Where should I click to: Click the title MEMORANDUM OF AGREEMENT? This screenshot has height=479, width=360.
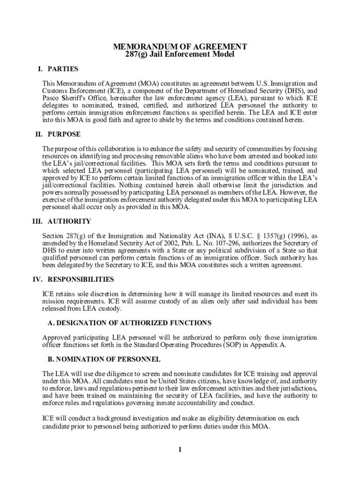(x=180, y=47)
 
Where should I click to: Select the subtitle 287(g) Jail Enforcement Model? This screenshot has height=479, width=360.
(x=180, y=55)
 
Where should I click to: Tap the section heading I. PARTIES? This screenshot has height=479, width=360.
(x=58, y=69)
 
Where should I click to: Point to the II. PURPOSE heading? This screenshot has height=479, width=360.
(x=58, y=134)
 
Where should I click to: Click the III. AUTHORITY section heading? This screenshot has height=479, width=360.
(x=61, y=221)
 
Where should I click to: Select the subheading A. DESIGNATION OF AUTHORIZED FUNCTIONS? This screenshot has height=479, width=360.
(x=130, y=323)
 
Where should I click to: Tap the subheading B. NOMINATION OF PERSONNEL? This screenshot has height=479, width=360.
(x=104, y=359)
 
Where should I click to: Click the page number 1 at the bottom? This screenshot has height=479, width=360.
(x=180, y=450)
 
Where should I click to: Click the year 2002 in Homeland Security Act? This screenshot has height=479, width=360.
(x=169, y=243)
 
